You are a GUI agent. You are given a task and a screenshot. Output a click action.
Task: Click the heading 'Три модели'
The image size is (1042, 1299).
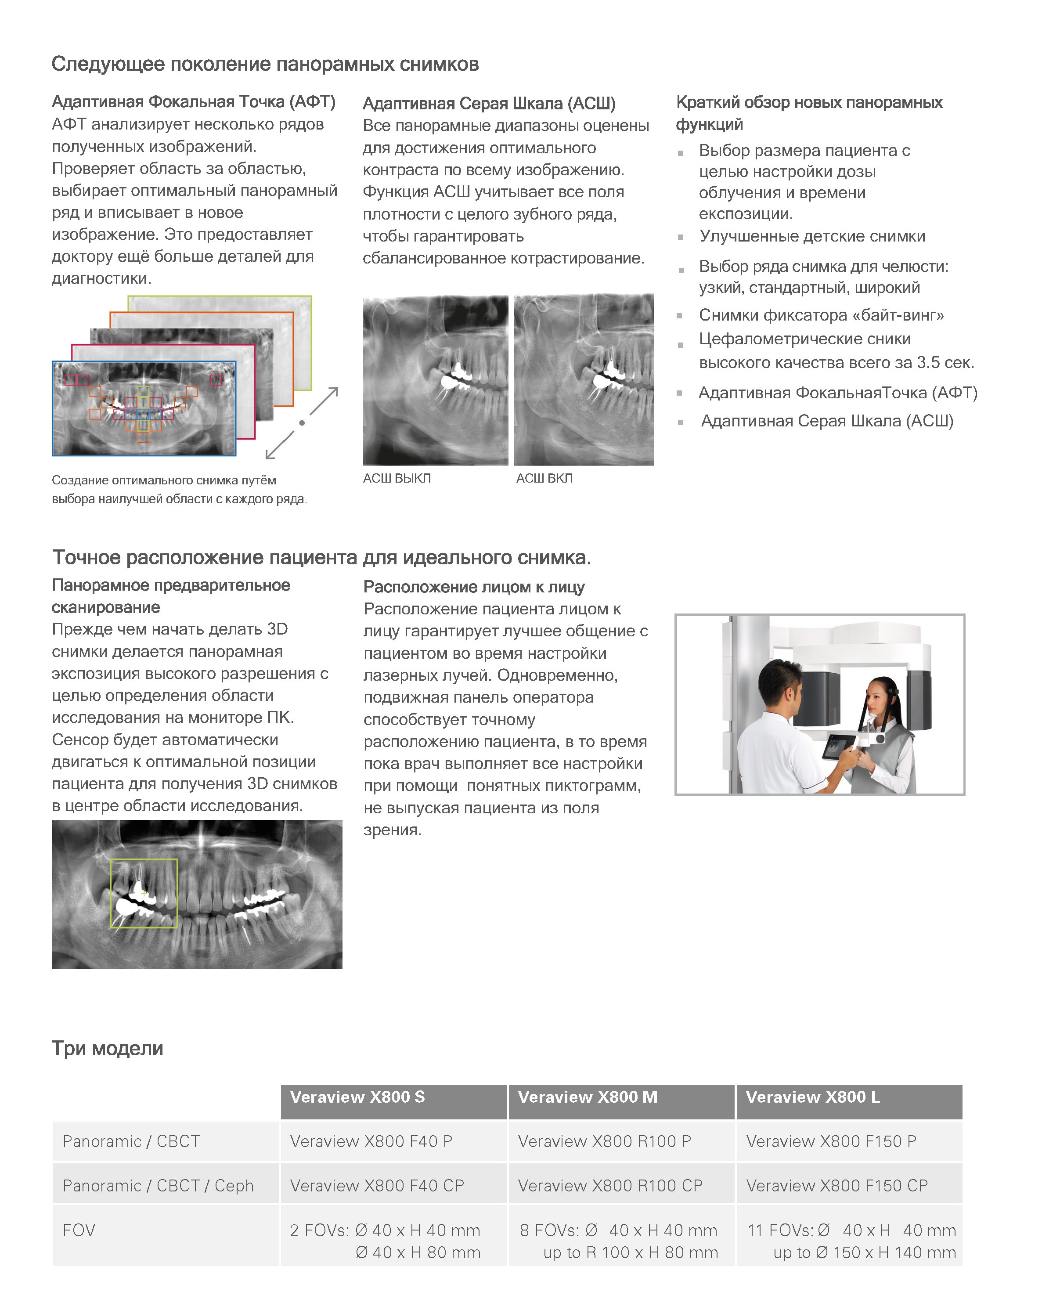coord(107,1048)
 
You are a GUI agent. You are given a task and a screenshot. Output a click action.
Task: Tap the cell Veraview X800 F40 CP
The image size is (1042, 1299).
coord(377,1186)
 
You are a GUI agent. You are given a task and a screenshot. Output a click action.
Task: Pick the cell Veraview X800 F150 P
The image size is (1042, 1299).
coord(831,1141)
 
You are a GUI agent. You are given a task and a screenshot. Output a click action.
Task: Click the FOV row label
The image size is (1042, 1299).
coord(79,1230)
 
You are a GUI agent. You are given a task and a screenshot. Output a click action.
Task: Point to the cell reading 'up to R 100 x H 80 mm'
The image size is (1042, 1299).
coord(630,1252)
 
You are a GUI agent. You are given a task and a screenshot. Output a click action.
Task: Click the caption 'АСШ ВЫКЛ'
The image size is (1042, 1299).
coord(397,478)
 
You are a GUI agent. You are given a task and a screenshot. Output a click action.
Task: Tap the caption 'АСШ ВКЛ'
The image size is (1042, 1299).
coord(544,478)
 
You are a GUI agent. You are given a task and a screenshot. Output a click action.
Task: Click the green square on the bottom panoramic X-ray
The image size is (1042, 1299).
coord(144,893)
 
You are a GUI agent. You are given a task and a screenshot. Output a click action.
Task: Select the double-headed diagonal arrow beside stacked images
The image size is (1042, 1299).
coord(302,423)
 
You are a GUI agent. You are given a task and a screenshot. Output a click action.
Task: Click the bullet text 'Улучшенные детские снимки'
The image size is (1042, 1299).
coord(812,236)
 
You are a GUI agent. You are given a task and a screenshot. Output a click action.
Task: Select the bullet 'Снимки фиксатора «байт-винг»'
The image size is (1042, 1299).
coord(821,315)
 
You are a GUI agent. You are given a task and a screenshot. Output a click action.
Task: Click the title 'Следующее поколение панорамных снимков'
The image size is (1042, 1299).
coord(265,64)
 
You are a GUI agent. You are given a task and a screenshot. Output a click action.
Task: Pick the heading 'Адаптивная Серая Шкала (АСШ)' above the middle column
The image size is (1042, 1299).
coord(489,104)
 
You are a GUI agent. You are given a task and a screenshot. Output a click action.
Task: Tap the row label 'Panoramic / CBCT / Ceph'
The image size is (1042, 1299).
coord(158,1186)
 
